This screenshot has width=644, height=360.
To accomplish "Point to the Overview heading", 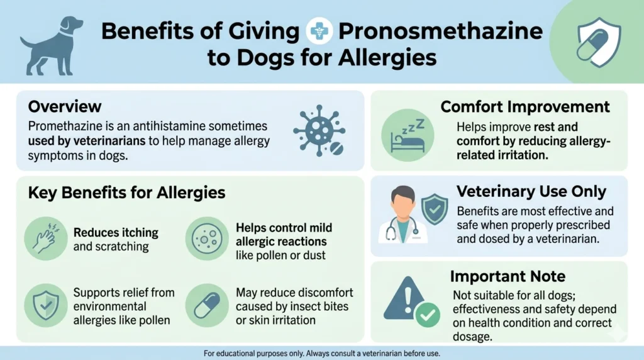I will point(65,106).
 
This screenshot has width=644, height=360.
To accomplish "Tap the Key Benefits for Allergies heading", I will point(126,193).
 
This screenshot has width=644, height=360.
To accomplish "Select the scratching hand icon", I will point(46,239).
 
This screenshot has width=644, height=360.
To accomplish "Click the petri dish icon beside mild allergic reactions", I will point(207,239).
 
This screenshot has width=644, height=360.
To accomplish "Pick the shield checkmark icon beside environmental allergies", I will point(46,306).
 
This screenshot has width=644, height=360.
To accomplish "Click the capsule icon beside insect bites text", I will point(207,306).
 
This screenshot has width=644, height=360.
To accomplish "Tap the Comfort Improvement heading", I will point(525,106).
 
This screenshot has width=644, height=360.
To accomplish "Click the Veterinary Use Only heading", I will point(531,192).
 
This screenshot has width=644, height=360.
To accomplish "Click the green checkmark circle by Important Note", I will point(429,313).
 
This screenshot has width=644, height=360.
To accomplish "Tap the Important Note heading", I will point(508,276).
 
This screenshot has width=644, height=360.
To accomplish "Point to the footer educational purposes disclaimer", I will point(322,353).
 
